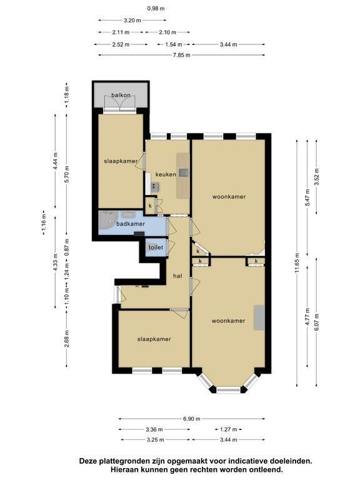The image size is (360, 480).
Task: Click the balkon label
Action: (121, 95)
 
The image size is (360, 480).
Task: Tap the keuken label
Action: (166, 174)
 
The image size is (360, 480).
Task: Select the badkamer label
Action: (131, 224)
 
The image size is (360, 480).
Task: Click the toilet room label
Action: (156, 247)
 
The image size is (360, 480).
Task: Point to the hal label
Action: (177, 276)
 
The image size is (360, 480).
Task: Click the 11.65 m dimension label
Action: (296, 262)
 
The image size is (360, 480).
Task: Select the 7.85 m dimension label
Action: (182, 55)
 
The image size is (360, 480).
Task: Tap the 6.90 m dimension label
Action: (192, 419)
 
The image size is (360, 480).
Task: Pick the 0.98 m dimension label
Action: (156, 9)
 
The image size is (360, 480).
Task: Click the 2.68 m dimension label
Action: (67, 339)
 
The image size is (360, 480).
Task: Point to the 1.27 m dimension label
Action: (228, 429)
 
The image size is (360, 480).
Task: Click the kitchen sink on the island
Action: (184, 173)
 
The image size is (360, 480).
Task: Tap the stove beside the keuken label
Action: (154, 186)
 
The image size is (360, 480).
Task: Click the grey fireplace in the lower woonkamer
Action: (259, 317)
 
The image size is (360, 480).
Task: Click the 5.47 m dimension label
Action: (307, 197)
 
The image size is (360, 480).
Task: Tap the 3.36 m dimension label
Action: (154, 429)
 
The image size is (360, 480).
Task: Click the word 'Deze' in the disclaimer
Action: (87, 461)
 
